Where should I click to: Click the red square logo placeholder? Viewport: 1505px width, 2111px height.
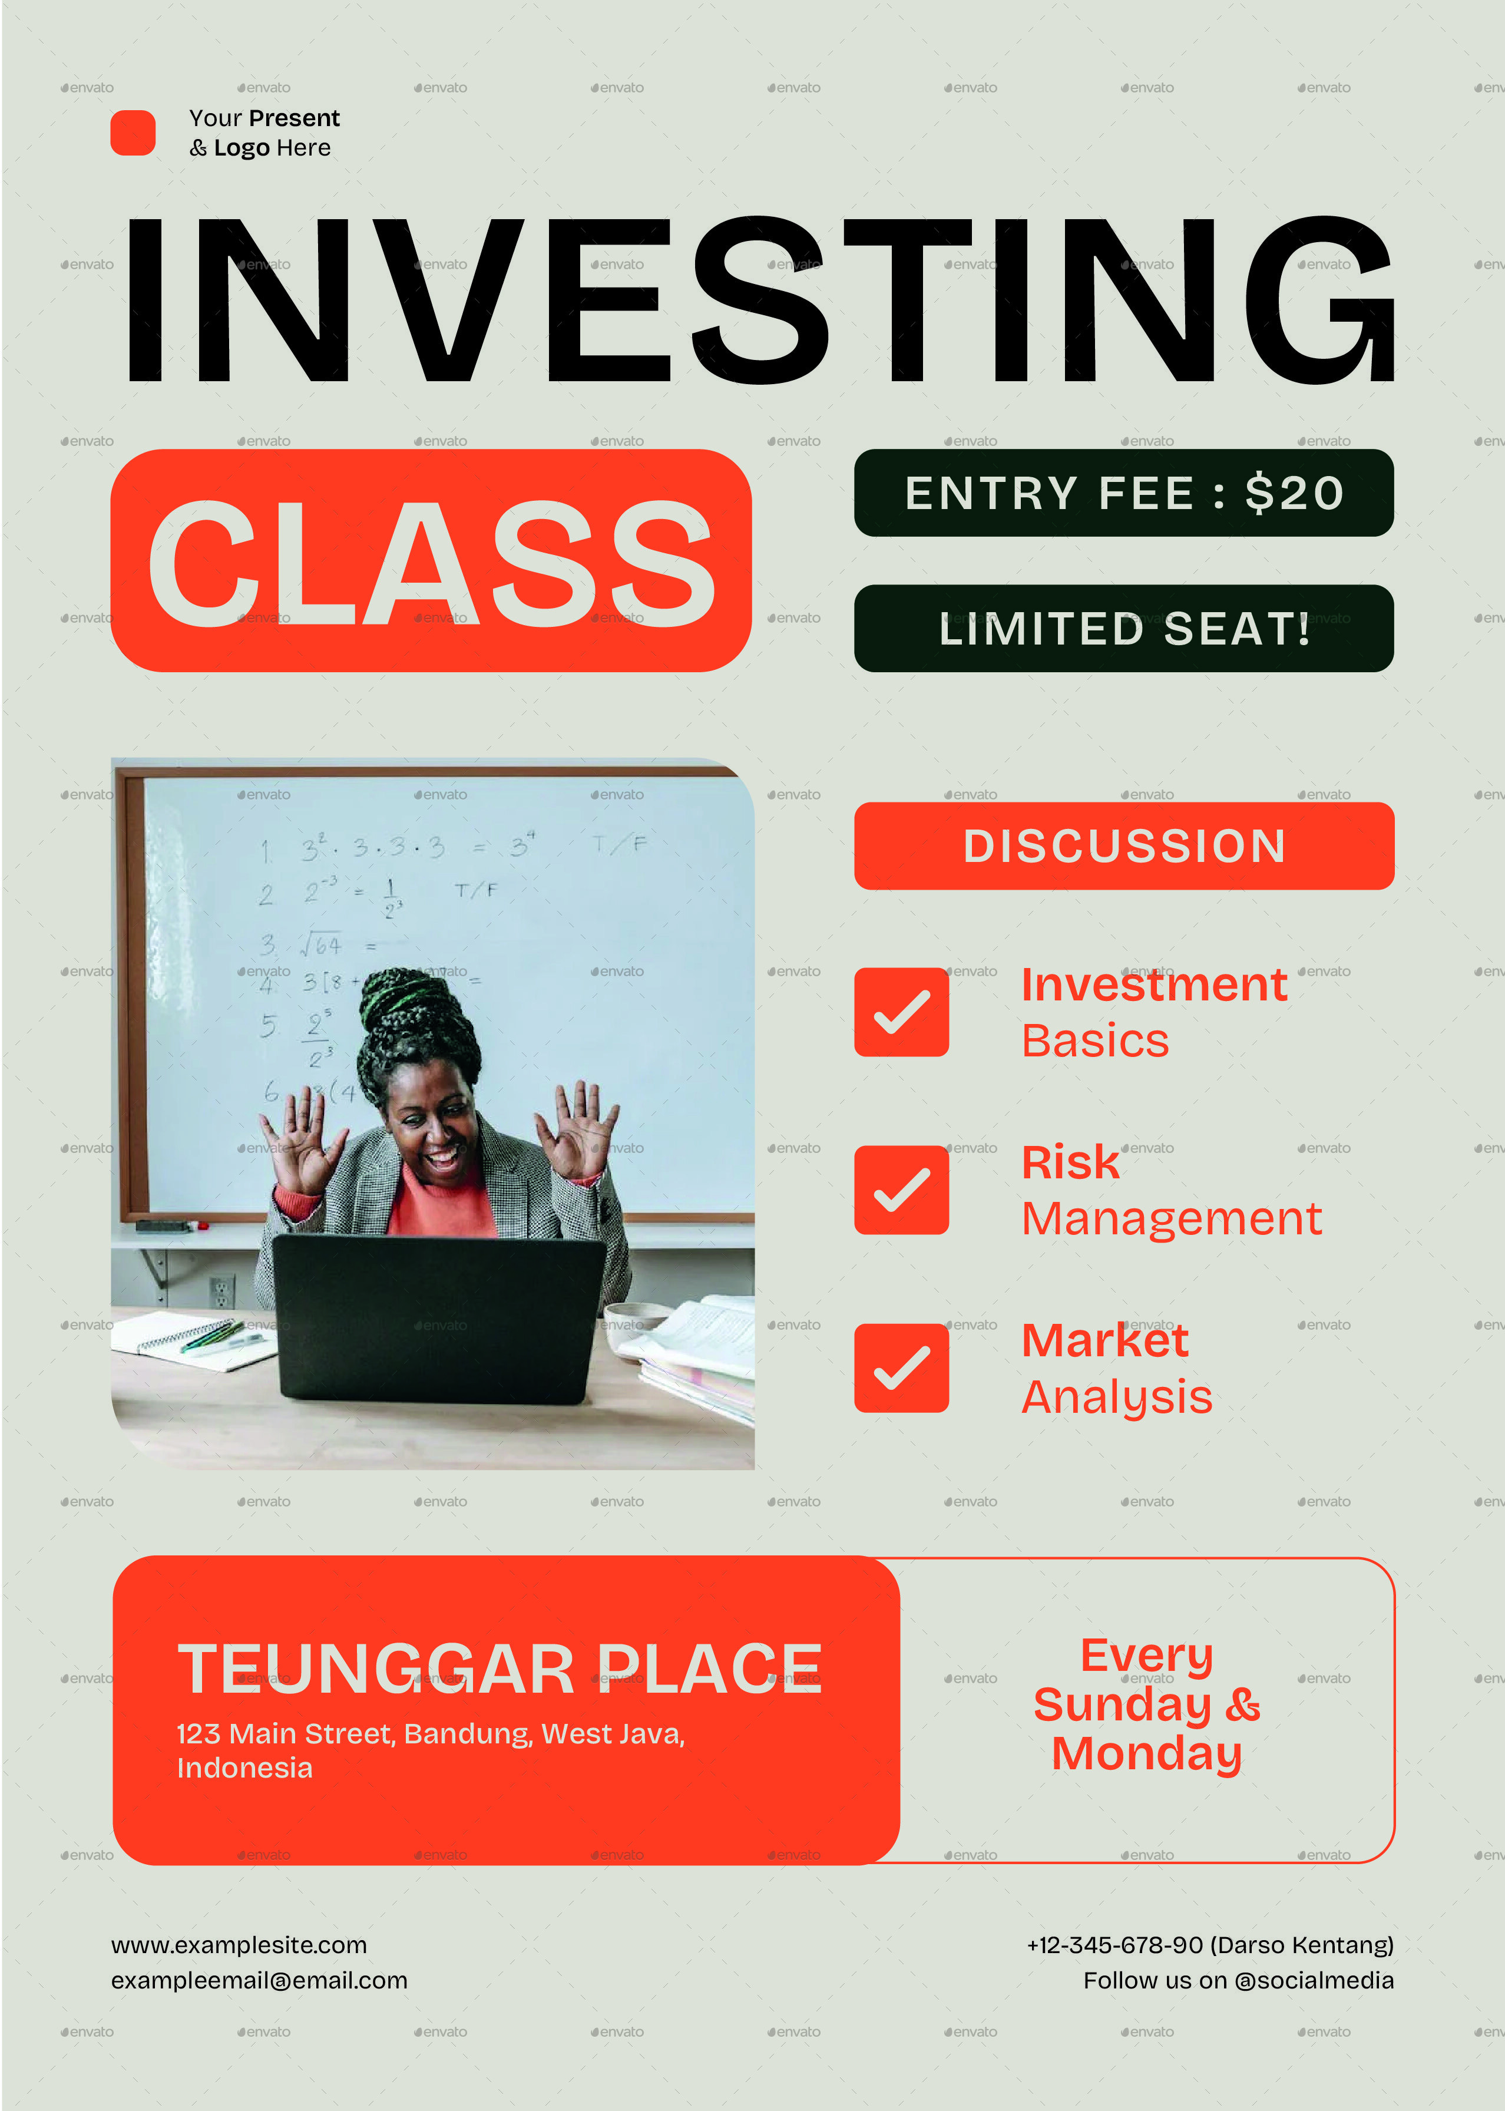[x=133, y=133]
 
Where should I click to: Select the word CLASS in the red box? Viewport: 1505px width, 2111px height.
[x=431, y=563]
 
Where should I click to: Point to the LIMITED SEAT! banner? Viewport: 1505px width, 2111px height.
[x=1123, y=628]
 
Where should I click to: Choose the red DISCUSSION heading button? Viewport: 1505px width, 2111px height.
[x=1123, y=846]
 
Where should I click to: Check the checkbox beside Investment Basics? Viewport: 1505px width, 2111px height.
[x=901, y=1012]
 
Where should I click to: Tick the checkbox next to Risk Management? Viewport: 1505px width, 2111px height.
[x=901, y=1190]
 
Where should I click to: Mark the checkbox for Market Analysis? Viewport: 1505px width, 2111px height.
[x=901, y=1368]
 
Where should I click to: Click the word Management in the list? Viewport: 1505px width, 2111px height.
[x=1172, y=1218]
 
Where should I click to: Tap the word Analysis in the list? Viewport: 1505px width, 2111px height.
[x=1117, y=1396]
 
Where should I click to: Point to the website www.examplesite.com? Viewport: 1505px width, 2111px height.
[x=239, y=1945]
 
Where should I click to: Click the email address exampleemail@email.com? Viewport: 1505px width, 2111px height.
[x=260, y=1980]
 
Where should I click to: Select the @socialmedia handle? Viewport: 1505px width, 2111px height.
[x=1314, y=1980]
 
